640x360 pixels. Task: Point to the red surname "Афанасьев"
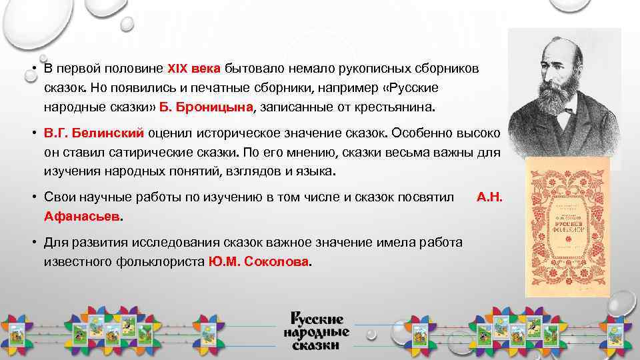[83, 217]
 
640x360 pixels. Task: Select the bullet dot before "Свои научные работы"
[33, 197]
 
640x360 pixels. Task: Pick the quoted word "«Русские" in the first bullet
[413, 88]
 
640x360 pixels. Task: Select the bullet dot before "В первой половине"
[33, 69]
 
